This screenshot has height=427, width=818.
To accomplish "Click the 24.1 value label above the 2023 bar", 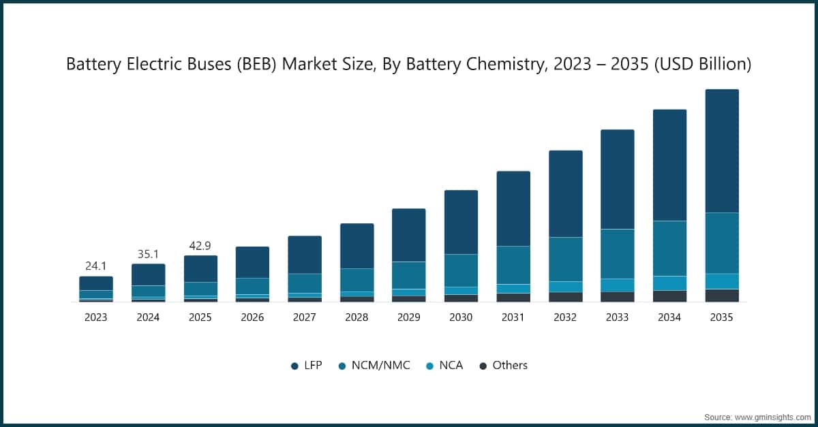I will click(x=95, y=266).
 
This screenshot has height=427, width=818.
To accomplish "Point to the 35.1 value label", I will click(x=148, y=253).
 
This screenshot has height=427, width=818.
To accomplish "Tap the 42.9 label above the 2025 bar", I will click(x=200, y=246).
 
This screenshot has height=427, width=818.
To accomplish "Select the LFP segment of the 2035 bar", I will click(x=722, y=151).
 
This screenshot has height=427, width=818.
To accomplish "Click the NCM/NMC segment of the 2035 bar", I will click(x=722, y=243).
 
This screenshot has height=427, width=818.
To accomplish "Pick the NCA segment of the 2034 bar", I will click(x=669, y=283).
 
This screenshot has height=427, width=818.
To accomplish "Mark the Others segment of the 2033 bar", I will click(x=617, y=296).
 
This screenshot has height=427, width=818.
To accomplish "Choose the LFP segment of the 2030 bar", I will click(x=461, y=222).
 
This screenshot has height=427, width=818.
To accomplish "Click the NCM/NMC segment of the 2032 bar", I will click(x=565, y=259).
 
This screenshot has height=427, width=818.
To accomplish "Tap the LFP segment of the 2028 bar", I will click(x=357, y=246).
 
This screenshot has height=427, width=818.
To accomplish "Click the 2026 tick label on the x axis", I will click(x=252, y=317).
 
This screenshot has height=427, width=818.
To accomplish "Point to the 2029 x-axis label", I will click(x=408, y=317).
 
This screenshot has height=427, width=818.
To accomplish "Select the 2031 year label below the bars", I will click(x=513, y=317).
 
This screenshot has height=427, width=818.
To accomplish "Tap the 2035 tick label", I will click(x=722, y=317).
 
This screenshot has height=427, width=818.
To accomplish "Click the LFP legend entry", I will click(x=307, y=366).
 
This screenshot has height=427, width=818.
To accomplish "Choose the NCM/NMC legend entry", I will click(x=374, y=366).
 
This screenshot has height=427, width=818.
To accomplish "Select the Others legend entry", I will click(x=503, y=366).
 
